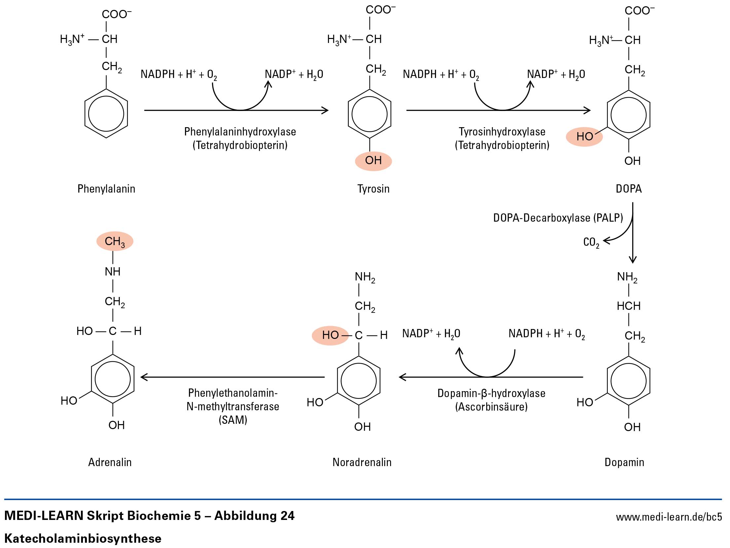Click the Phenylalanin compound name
click(106, 189)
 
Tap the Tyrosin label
click(373, 189)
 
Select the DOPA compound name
click(629, 189)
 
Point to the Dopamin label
click(624, 462)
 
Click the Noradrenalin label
click(362, 462)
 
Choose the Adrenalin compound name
click(110, 462)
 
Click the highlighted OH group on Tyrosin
click(373, 161)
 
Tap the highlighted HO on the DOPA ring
click(584, 136)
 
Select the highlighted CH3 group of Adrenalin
click(115, 241)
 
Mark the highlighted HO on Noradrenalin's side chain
click(330, 335)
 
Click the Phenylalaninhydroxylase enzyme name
click(240, 132)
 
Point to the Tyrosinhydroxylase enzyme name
click(502, 132)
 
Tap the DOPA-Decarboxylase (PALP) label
click(558, 218)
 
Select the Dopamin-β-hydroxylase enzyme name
click(491, 393)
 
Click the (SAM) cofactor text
click(233, 420)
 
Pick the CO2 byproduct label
click(591, 242)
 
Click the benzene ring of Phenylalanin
click(106, 114)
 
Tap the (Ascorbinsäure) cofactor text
click(491, 407)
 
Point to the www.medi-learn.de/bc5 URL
click(669, 517)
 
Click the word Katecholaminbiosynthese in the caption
click(83, 538)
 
